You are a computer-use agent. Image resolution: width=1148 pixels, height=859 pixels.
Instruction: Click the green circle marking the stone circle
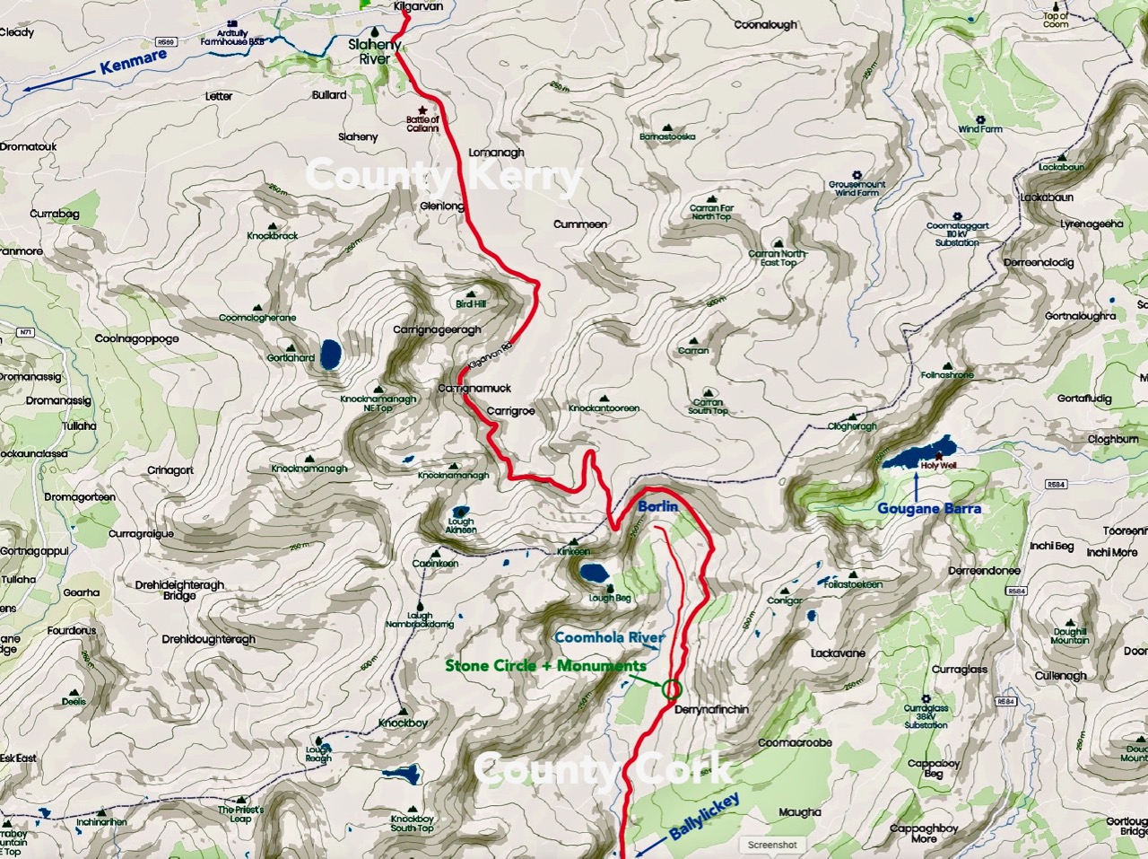pos(671,689)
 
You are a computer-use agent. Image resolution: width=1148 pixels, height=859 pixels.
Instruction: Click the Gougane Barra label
pos(929,508)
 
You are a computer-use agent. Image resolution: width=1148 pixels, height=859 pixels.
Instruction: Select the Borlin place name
pos(657,506)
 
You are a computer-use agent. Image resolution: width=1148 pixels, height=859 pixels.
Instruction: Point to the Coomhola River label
pos(610,637)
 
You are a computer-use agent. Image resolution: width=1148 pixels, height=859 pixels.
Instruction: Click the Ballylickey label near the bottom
pos(705,816)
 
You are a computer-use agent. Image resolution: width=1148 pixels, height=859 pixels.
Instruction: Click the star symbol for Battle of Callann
pos(422,110)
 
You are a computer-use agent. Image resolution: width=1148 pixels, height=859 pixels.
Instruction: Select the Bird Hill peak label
pos(471,304)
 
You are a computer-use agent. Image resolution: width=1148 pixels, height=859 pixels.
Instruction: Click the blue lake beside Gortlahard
pos(329,355)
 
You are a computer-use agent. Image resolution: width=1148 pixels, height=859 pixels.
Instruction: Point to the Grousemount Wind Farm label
pos(857,188)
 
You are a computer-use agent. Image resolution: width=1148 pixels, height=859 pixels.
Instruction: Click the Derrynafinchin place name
pos(711,709)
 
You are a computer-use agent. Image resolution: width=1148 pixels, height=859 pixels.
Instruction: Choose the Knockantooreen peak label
pos(604,408)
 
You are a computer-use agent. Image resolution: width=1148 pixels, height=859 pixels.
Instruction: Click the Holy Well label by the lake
pos(938,466)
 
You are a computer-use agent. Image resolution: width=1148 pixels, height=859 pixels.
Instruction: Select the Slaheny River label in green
pos(375,52)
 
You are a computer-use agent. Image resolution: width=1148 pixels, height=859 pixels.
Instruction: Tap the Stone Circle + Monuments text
pos(545,665)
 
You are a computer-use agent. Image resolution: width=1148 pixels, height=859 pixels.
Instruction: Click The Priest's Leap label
pos(240,813)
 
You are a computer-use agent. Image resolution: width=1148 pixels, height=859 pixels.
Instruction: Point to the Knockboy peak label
pos(403,723)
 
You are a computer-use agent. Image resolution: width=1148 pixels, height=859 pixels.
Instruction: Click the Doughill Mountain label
pos(1070,635)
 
